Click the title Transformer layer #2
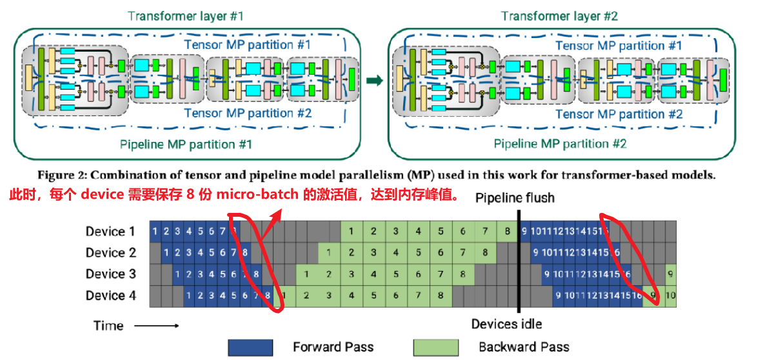560,15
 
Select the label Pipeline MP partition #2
560,144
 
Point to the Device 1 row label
110,231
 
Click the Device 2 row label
110,252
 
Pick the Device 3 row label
110,274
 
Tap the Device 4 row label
110,295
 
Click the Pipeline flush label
515,197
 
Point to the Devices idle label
506,324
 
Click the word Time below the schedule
108,325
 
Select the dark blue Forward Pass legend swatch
250,347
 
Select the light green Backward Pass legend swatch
435,347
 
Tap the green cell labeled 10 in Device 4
671,296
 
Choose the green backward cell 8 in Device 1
507,231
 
